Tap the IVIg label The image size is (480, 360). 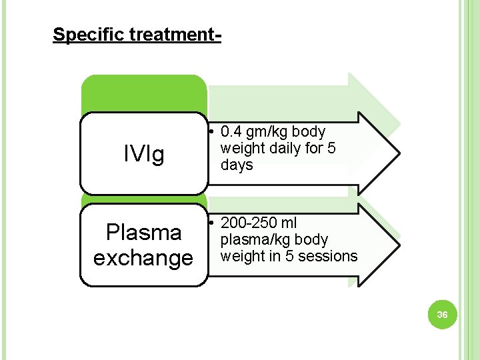(x=143, y=155)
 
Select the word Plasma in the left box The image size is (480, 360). (x=143, y=233)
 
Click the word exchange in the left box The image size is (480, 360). (x=143, y=257)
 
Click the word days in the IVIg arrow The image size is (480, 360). (x=237, y=165)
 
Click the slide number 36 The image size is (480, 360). (x=442, y=314)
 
